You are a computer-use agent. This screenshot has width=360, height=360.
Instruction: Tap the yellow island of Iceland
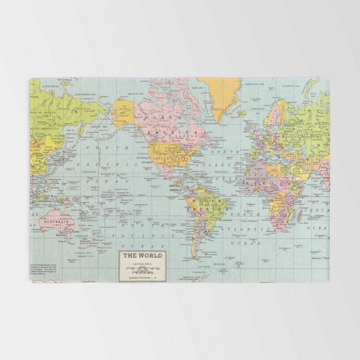pos(241,114)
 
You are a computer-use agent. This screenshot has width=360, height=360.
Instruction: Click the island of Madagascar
pos(298,215)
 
